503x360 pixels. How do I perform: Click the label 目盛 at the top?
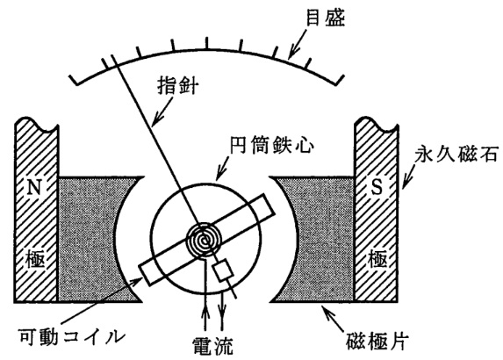click(326, 18)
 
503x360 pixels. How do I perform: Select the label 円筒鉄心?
click(272, 146)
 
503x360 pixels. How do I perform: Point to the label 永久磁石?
click(456, 155)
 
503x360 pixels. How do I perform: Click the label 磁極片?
click(377, 341)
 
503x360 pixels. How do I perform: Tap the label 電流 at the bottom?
click(212, 346)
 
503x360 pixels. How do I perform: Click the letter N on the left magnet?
click(34, 187)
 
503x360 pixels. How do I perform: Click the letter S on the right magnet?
click(377, 186)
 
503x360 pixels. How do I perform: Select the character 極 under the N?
click(35, 259)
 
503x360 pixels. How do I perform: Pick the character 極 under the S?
click(377, 259)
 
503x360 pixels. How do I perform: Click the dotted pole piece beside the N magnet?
click(93, 239)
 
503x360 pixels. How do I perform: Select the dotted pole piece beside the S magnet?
click(320, 239)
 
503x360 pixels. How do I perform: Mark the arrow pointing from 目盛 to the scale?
click(298, 42)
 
